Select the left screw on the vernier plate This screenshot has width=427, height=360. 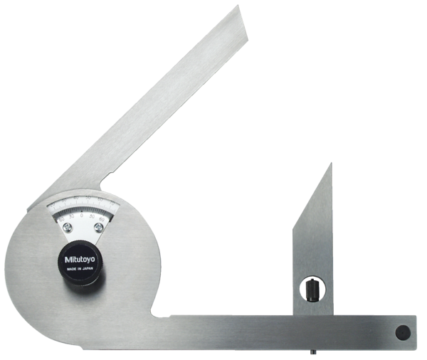pos(67,227)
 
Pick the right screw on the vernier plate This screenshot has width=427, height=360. pos(98,227)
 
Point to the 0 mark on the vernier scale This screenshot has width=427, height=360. pos(82,215)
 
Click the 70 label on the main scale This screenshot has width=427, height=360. pos(111,203)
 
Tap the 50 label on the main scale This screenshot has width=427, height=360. pos(88,198)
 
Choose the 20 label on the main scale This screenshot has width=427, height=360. pos(53,204)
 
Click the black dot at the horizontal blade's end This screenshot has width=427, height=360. pos(402,332)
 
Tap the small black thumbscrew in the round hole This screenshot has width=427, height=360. pos(312,290)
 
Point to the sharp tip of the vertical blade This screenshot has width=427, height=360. pos(330,165)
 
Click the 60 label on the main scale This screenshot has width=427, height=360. pos(100,200)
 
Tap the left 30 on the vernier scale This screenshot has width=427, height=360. pos(72,216)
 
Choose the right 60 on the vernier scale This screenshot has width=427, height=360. pos(102,219)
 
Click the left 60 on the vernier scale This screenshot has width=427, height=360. pos(62,220)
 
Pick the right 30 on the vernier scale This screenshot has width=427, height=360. pos(92,216)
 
